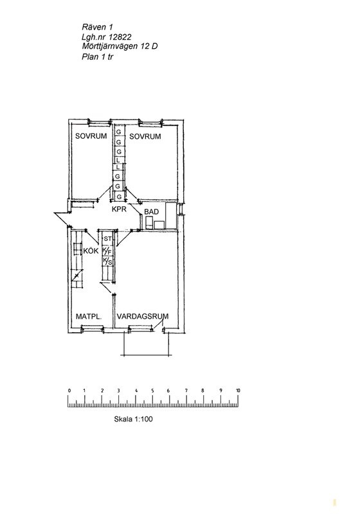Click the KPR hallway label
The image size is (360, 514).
(119, 209)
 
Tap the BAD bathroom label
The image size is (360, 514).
(152, 212)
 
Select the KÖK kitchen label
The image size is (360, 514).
(91, 251)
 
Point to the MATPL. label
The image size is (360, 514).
(89, 317)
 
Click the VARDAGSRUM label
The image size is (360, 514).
(143, 316)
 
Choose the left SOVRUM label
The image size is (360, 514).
(91, 136)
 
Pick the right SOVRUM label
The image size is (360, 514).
(145, 136)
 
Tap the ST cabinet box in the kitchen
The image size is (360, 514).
(107, 238)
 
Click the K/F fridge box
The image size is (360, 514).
(107, 251)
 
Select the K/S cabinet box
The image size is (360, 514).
(107, 261)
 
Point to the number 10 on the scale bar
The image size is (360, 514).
(238, 391)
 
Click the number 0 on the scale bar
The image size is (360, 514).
(69, 391)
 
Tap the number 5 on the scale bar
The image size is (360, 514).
(153, 391)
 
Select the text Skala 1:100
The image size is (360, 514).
(133, 419)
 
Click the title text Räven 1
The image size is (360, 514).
(97, 27)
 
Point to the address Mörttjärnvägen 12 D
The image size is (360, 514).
(120, 46)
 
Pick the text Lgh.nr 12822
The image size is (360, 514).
(107, 37)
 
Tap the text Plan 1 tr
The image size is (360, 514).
(98, 57)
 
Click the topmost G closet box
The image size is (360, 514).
(119, 132)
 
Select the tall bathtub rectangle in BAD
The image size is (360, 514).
(171, 215)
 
